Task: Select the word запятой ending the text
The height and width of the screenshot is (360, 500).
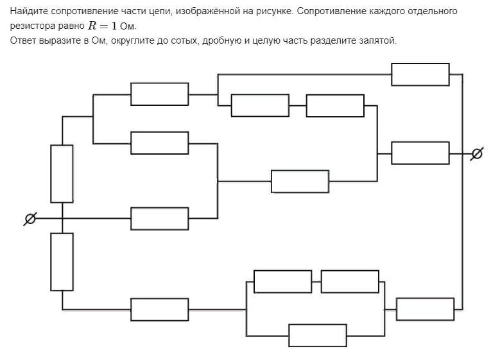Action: tap(379, 40)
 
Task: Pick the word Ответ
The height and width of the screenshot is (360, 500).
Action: tap(23, 40)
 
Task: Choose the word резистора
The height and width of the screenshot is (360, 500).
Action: tap(31, 27)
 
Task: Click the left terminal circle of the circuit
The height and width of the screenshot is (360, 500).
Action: tap(30, 219)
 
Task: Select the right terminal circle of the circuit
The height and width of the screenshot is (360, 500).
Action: tap(476, 154)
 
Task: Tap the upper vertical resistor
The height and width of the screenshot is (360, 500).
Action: tap(62, 174)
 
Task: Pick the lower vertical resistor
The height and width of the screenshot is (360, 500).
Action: tap(62, 261)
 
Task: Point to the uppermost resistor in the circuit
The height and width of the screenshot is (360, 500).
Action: tap(420, 74)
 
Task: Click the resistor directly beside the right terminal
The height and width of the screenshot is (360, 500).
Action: tap(420, 153)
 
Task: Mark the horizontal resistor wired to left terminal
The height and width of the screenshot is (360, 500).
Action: tap(159, 219)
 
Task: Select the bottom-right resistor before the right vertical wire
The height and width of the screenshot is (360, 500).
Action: tap(425, 309)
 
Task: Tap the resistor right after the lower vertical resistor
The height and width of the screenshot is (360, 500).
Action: tap(159, 309)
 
